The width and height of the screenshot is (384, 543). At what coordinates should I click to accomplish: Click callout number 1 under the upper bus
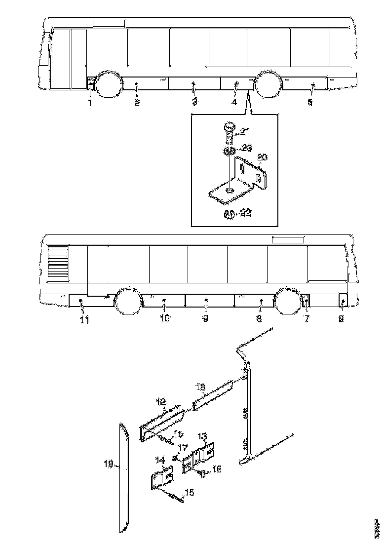(90, 103)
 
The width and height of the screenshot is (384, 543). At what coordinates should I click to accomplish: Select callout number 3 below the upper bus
(194, 102)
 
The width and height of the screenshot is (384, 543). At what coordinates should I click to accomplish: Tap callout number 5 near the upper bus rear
(310, 102)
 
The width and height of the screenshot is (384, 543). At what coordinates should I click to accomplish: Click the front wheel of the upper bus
(108, 84)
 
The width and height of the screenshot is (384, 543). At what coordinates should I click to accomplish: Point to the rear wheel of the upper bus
(268, 85)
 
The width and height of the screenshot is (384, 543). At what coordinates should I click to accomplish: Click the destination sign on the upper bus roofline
(109, 22)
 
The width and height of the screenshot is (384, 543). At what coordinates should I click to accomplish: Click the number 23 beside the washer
(247, 147)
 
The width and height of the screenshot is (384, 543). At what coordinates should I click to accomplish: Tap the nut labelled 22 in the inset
(229, 213)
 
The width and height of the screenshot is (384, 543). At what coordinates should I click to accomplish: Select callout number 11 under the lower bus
(84, 320)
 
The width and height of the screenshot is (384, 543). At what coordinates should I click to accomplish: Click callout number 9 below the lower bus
(205, 319)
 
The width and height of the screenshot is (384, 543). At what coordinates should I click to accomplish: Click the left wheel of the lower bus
(128, 302)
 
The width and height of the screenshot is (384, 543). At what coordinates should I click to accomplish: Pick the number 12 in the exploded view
(162, 402)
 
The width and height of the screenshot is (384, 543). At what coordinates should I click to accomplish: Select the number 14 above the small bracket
(160, 460)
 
